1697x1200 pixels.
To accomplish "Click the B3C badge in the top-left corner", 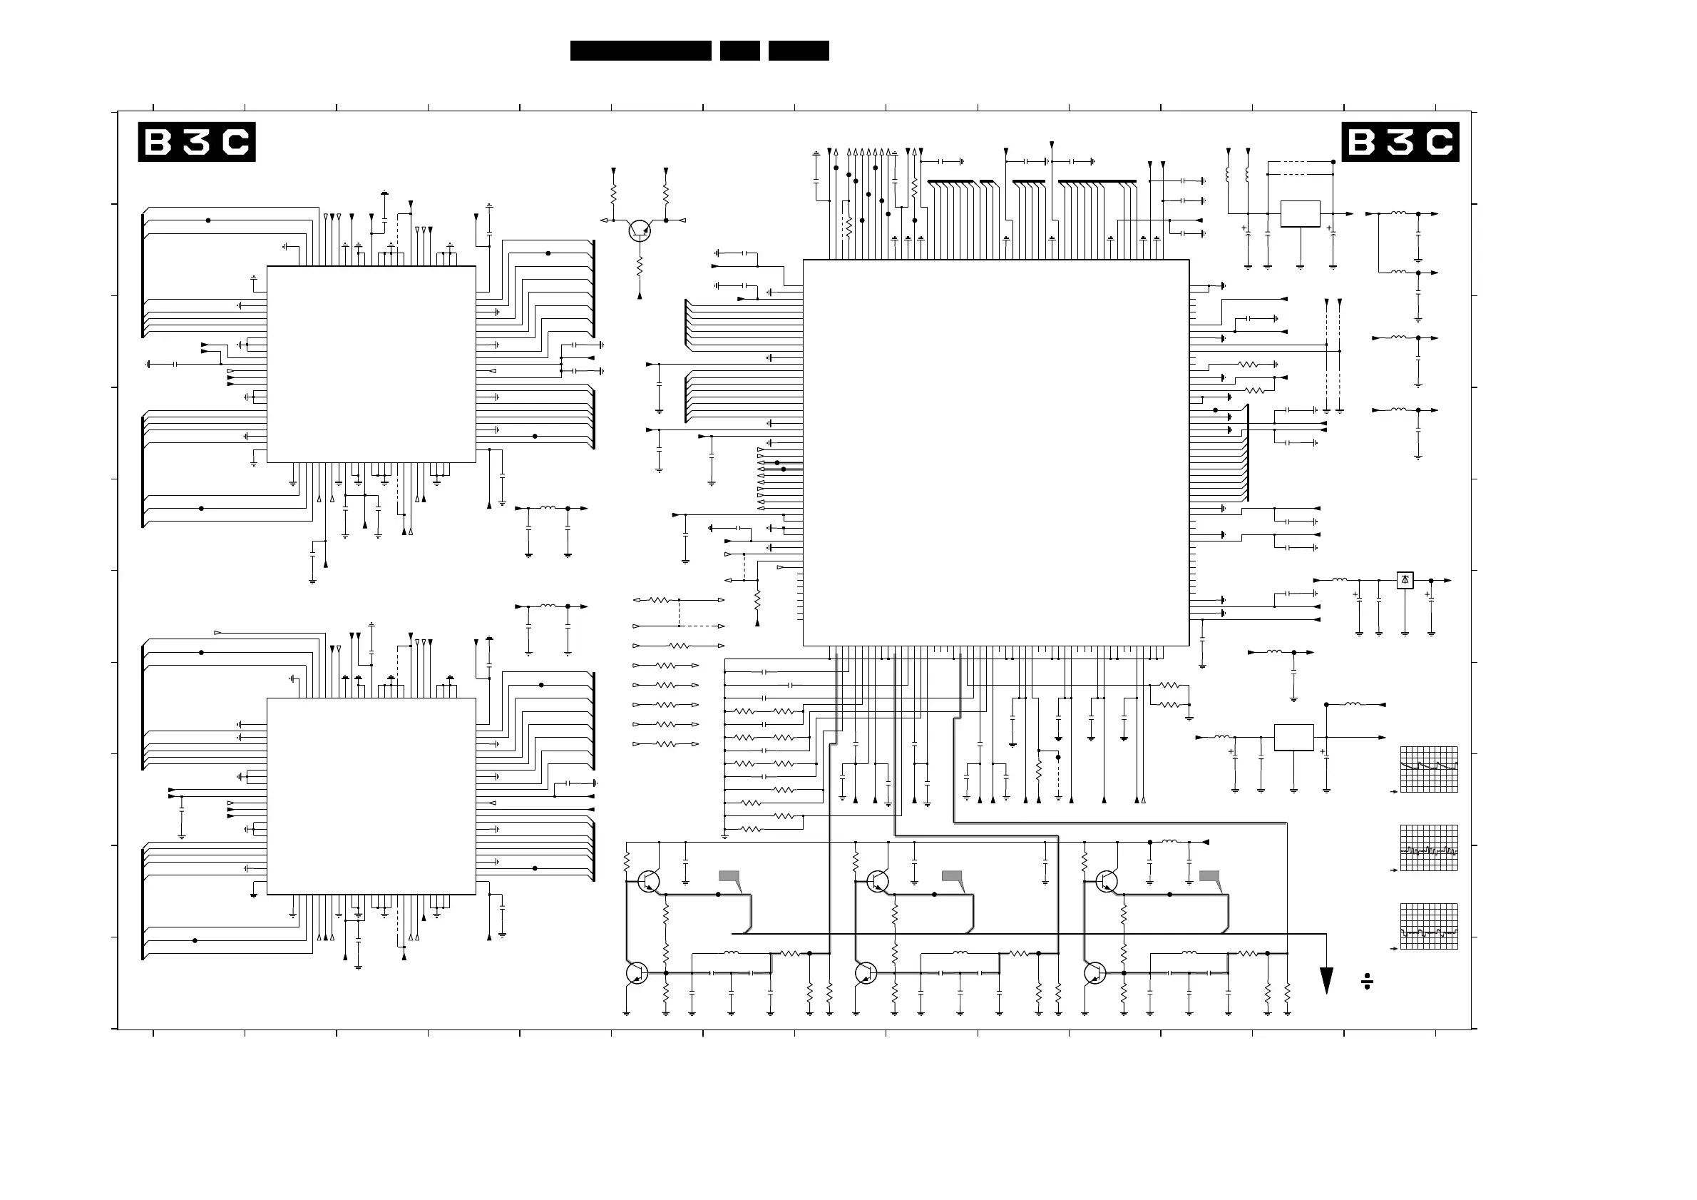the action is point(197,142).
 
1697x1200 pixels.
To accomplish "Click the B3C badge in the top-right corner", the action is point(1400,142).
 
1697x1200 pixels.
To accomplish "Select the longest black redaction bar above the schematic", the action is point(640,50).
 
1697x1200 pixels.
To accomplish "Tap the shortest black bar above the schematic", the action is point(739,50).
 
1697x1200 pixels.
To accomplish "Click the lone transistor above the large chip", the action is point(640,230).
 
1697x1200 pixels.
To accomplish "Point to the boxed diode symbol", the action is point(1405,581).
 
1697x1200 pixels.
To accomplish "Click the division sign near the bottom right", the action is point(1367,982).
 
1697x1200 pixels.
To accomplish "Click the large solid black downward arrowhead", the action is point(1327,980).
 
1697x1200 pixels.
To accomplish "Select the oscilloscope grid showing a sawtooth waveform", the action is point(1429,769).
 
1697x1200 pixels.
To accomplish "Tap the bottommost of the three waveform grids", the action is point(1429,927).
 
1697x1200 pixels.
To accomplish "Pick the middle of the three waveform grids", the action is point(1429,848).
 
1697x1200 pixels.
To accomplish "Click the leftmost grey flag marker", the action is point(729,876).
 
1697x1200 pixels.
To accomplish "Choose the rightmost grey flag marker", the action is point(1209,876).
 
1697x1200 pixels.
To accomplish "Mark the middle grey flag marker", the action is point(952,876).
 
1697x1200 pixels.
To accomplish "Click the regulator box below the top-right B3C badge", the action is point(1300,214).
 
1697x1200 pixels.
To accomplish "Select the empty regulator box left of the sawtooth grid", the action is point(1293,737).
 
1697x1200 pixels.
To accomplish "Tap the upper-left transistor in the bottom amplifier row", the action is point(648,881).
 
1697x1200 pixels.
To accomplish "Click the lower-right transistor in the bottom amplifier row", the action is point(1095,973).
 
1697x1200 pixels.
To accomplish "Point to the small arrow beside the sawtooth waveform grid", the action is point(1394,792).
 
